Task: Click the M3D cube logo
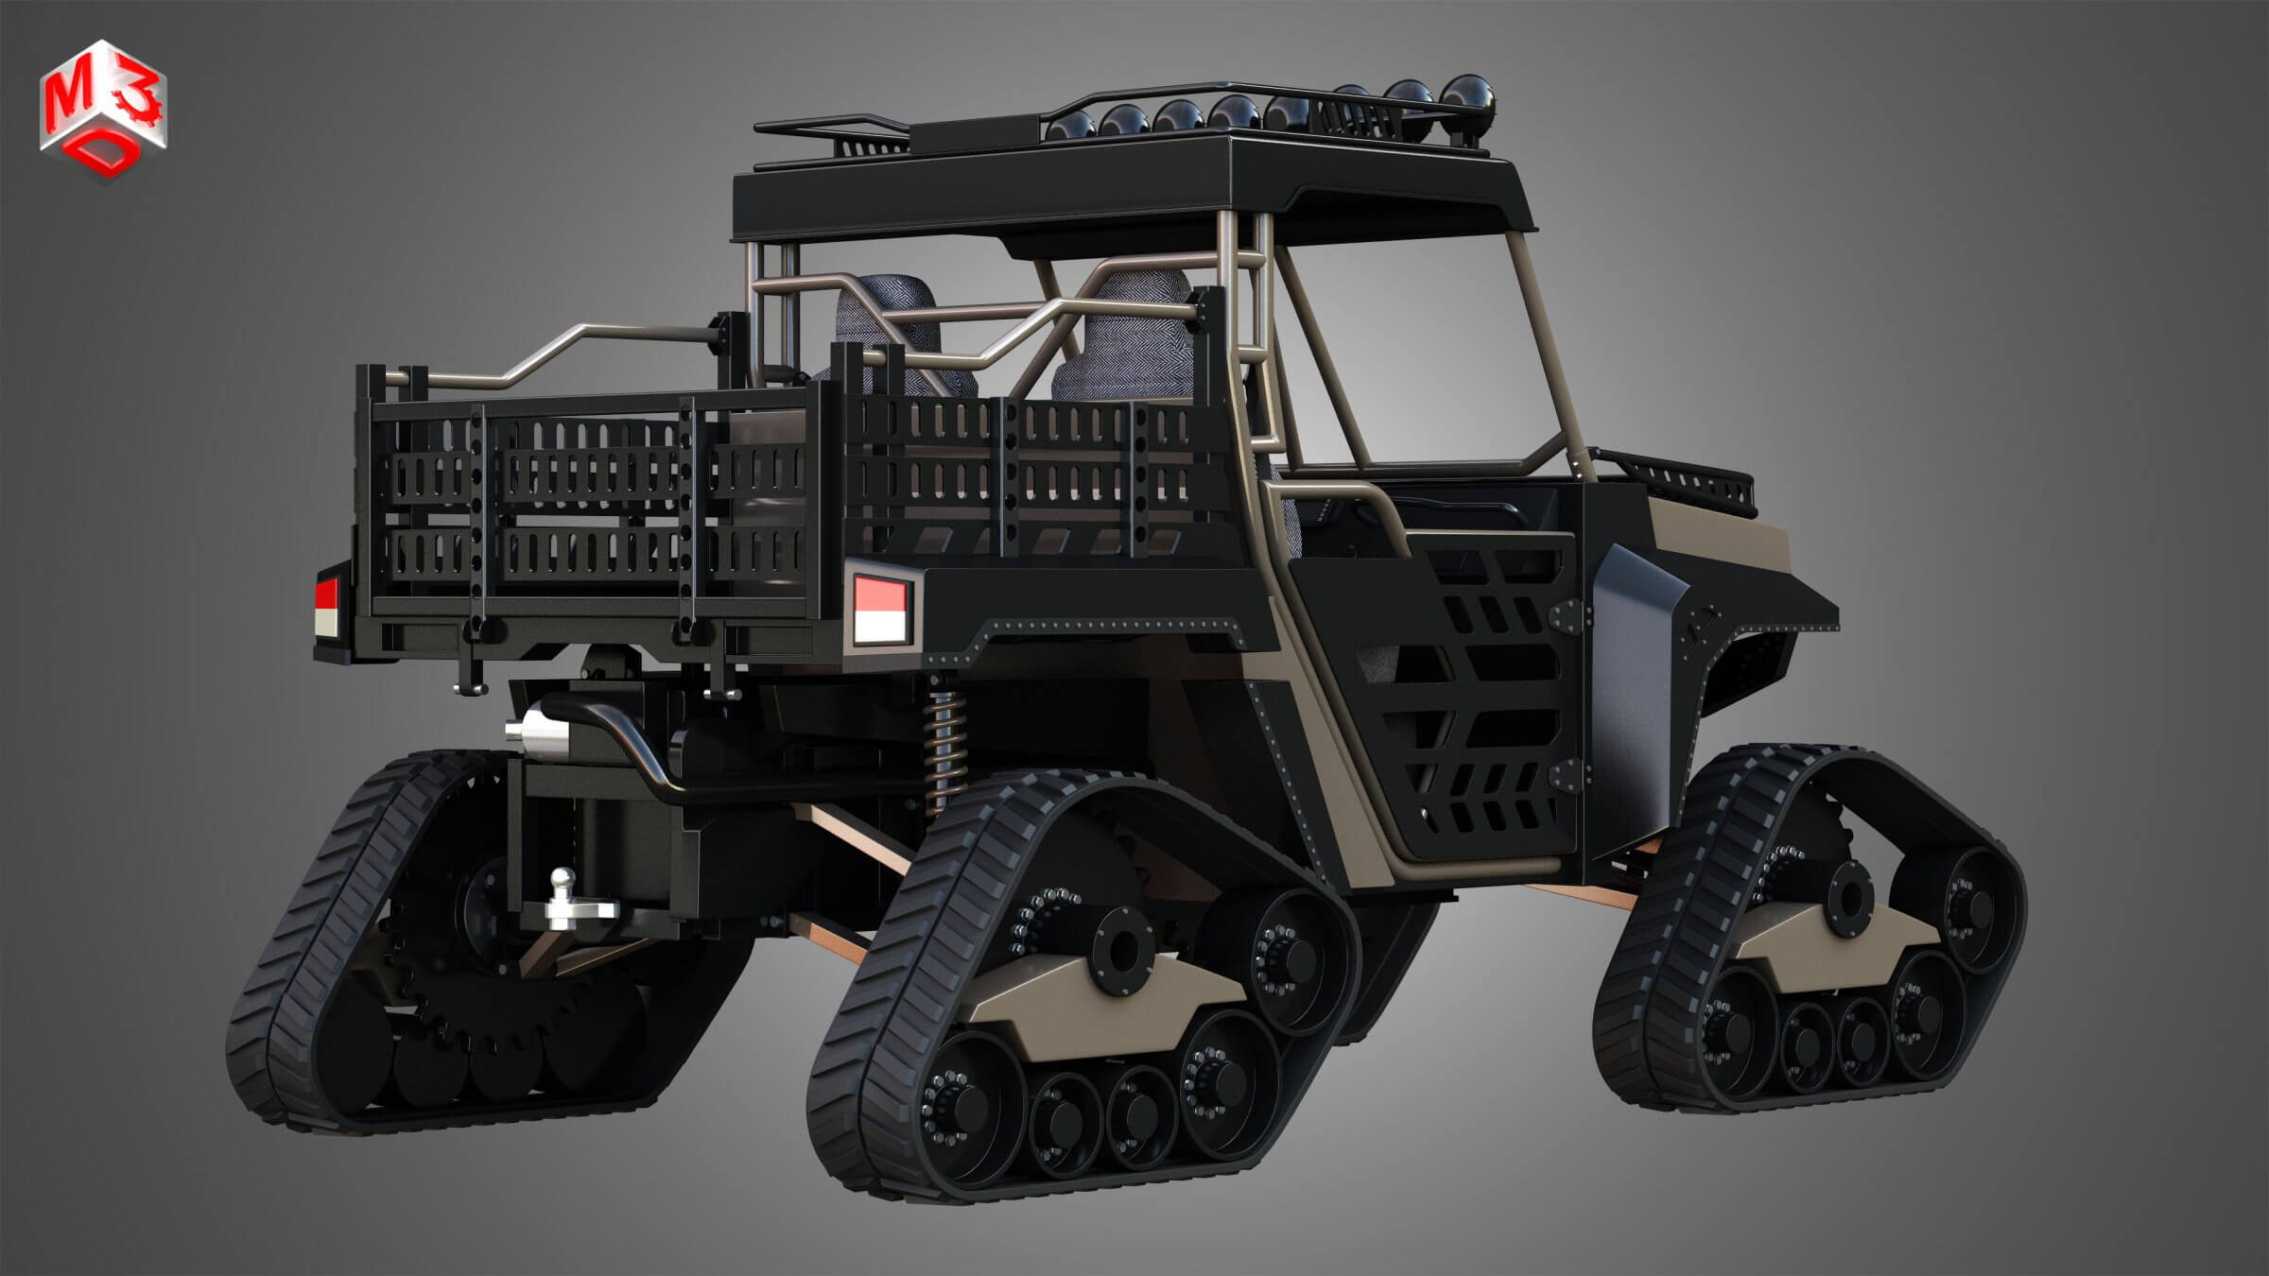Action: point(103,112)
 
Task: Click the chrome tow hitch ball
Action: point(564,882)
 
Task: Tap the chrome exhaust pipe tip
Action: point(523,730)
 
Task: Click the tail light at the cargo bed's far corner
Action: point(326,606)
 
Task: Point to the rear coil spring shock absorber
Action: point(943,747)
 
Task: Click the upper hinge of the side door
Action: point(1568,615)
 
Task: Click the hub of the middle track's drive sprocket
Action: point(1118,950)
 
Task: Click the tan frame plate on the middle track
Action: point(1087,1011)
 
